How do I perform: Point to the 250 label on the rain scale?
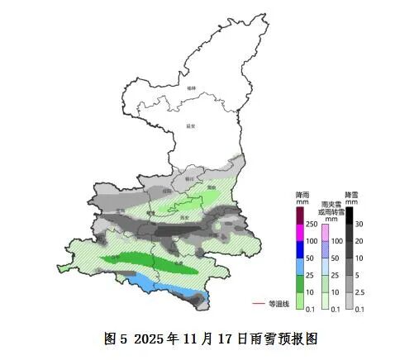[312, 225]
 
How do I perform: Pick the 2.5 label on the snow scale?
[361, 292]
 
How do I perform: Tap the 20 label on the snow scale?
[360, 241]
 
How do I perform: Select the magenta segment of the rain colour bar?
[301, 232]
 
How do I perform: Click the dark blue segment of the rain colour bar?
[301, 249]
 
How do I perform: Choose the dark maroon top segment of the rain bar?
[301, 216]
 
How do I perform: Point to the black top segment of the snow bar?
[350, 216]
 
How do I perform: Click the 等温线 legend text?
[279, 304]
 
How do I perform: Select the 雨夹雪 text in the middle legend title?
[330, 203]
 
